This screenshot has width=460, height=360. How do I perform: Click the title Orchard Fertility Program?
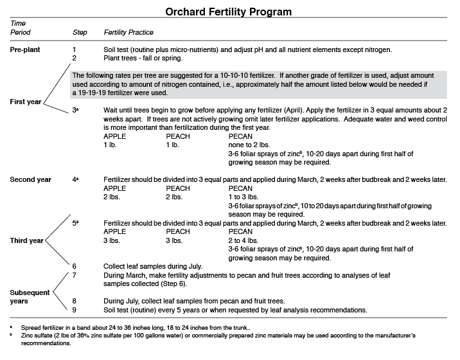click(229, 12)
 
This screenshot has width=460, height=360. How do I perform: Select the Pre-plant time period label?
click(27, 50)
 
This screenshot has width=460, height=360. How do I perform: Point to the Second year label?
click(31, 179)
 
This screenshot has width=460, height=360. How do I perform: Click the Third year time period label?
click(27, 240)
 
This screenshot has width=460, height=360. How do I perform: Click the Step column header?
click(80, 32)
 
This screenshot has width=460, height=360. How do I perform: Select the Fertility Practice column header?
click(130, 32)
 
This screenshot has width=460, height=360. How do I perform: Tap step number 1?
click(75, 50)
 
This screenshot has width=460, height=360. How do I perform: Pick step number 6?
click(75, 265)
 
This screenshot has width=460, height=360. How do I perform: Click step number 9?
click(75, 309)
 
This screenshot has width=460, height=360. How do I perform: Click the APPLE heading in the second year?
click(115, 188)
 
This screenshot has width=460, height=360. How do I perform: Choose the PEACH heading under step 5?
click(178, 231)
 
